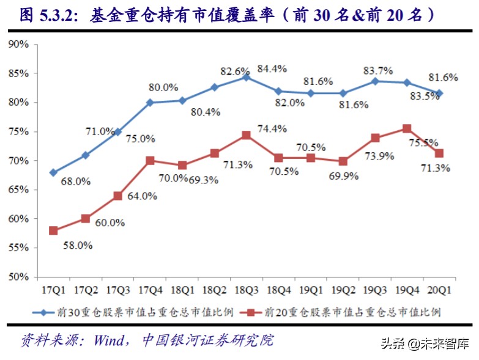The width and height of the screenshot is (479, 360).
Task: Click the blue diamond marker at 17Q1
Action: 53,172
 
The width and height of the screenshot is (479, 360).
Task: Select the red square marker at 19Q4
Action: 407,129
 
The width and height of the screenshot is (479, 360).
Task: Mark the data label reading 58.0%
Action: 78,245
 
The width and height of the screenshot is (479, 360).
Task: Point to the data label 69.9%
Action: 353,175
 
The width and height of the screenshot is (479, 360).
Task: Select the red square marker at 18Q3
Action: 246,135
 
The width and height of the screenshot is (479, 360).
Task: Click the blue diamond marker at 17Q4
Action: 150,103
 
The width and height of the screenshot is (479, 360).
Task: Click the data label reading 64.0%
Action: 142,196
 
